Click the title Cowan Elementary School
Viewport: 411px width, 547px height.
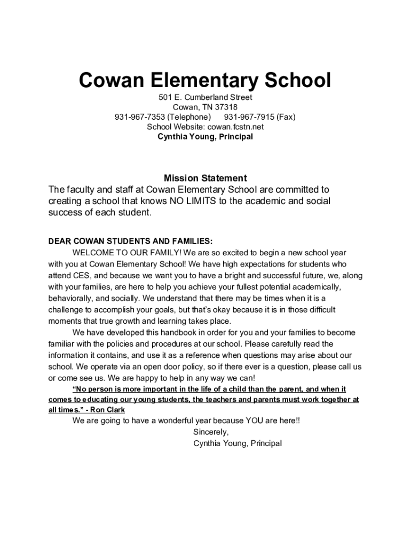pyautogui.click(x=205, y=81)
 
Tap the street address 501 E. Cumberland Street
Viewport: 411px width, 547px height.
pyautogui.click(x=205, y=97)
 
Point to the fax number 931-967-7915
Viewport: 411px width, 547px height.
pyautogui.click(x=249, y=117)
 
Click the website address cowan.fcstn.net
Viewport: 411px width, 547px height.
pyautogui.click(x=234, y=127)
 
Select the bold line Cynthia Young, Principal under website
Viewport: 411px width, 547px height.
pyautogui.click(x=205, y=137)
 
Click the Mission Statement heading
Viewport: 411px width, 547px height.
pyautogui.click(x=205, y=178)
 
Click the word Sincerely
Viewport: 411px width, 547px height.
pyautogui.click(x=211, y=432)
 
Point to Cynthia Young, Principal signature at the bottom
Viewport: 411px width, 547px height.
pyautogui.click(x=238, y=443)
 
